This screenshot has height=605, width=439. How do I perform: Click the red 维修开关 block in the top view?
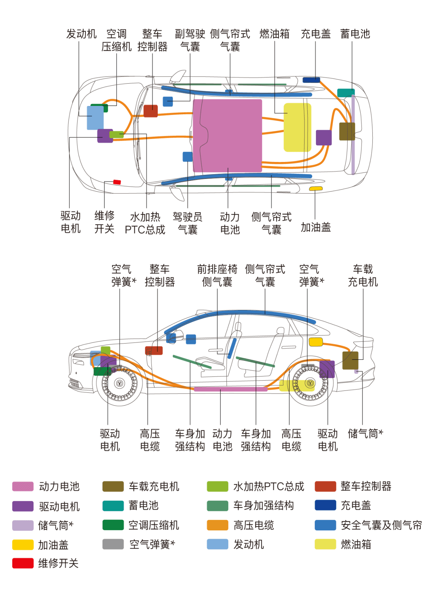point(117,182)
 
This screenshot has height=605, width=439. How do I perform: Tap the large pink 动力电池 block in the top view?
point(227,135)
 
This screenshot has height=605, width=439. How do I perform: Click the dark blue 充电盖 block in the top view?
point(311,80)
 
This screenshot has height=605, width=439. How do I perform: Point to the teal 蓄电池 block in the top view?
point(346,93)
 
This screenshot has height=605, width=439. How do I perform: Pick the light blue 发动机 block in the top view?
point(95,118)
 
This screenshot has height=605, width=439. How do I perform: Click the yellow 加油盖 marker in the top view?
point(316,188)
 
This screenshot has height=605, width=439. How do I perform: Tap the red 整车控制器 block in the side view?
point(154,350)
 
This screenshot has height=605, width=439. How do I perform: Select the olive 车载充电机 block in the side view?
point(350,360)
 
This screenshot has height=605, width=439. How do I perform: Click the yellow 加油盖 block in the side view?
point(316,342)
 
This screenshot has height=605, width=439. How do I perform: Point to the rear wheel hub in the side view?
point(310,383)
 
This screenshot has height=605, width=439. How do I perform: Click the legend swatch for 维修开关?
point(23,563)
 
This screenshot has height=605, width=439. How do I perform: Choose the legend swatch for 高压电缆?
point(218,525)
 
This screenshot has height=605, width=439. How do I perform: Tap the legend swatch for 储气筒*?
point(23,525)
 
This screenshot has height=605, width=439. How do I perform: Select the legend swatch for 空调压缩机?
point(113,525)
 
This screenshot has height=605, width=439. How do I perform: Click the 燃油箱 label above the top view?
point(274,34)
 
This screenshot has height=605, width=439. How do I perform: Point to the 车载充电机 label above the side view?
point(363,275)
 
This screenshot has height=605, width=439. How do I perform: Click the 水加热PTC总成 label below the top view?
point(145,223)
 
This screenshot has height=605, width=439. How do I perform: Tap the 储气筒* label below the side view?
point(365,434)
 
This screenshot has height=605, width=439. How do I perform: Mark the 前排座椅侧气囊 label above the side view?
point(217,275)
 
